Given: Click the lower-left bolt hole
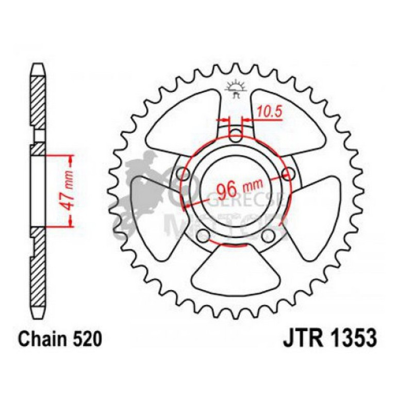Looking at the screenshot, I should pos(204,237).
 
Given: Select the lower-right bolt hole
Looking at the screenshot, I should pos(268,237).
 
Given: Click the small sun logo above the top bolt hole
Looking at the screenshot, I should pos(236,89).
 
